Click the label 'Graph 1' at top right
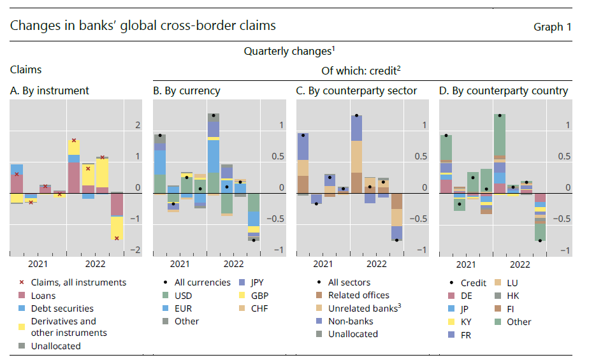coord(552,27)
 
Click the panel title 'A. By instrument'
coord(50,90)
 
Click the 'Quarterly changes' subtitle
coord(289,50)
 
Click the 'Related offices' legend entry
coord(358,295)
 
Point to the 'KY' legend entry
coord(467,322)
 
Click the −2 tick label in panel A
coord(134,250)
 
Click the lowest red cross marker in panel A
coord(117,238)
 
